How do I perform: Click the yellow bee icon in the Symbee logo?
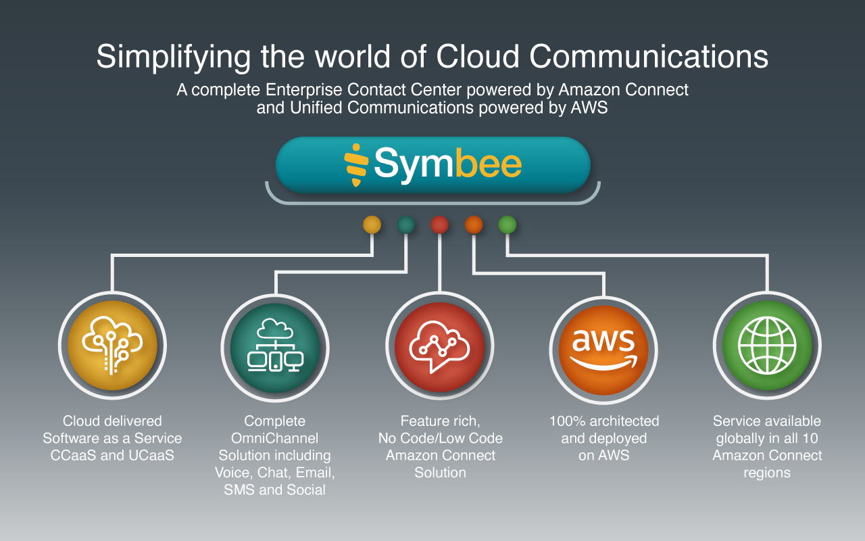point(356,164)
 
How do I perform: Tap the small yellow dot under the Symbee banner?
point(372,225)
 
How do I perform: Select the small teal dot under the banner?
point(405,225)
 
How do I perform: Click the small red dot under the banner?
point(439,225)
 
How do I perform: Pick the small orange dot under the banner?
point(474,225)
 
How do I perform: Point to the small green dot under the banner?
point(508,225)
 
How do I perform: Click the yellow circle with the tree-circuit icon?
point(112,345)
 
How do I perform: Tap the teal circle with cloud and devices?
point(275,345)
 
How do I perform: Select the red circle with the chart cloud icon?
point(439,345)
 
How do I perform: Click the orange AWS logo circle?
point(603,345)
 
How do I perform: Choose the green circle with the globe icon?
point(767,345)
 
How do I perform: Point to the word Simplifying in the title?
point(173,57)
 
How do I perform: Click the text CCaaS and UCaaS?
point(112,455)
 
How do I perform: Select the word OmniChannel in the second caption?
point(275,438)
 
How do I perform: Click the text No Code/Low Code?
point(440,438)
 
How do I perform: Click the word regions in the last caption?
point(767,473)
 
